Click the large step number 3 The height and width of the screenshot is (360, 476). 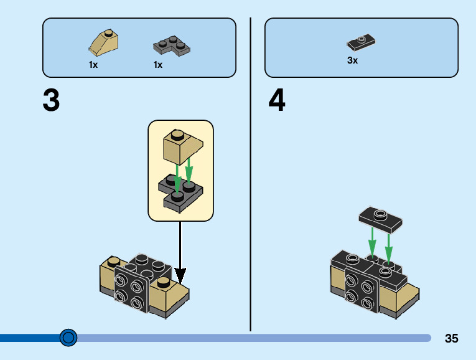pyautogui.click(x=51, y=100)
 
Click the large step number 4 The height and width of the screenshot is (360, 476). pyautogui.click(x=277, y=100)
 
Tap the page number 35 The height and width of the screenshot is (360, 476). pyautogui.click(x=452, y=338)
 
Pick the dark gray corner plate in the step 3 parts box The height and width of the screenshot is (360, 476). pyautogui.click(x=171, y=46)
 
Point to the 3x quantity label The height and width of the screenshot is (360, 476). pyautogui.click(x=353, y=60)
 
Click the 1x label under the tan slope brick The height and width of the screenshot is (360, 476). pyautogui.click(x=93, y=65)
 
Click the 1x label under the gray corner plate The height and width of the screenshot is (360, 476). pyautogui.click(x=158, y=65)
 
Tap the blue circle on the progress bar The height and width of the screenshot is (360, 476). pyautogui.click(x=68, y=338)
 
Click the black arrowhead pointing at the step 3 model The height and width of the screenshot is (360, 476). pyautogui.click(x=180, y=274)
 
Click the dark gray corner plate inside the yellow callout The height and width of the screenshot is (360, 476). pyautogui.click(x=180, y=190)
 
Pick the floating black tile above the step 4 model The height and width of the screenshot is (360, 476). pyautogui.click(x=380, y=217)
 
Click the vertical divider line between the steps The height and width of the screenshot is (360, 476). pyautogui.click(x=251, y=174)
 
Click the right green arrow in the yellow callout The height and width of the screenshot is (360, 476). pyautogui.click(x=189, y=171)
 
